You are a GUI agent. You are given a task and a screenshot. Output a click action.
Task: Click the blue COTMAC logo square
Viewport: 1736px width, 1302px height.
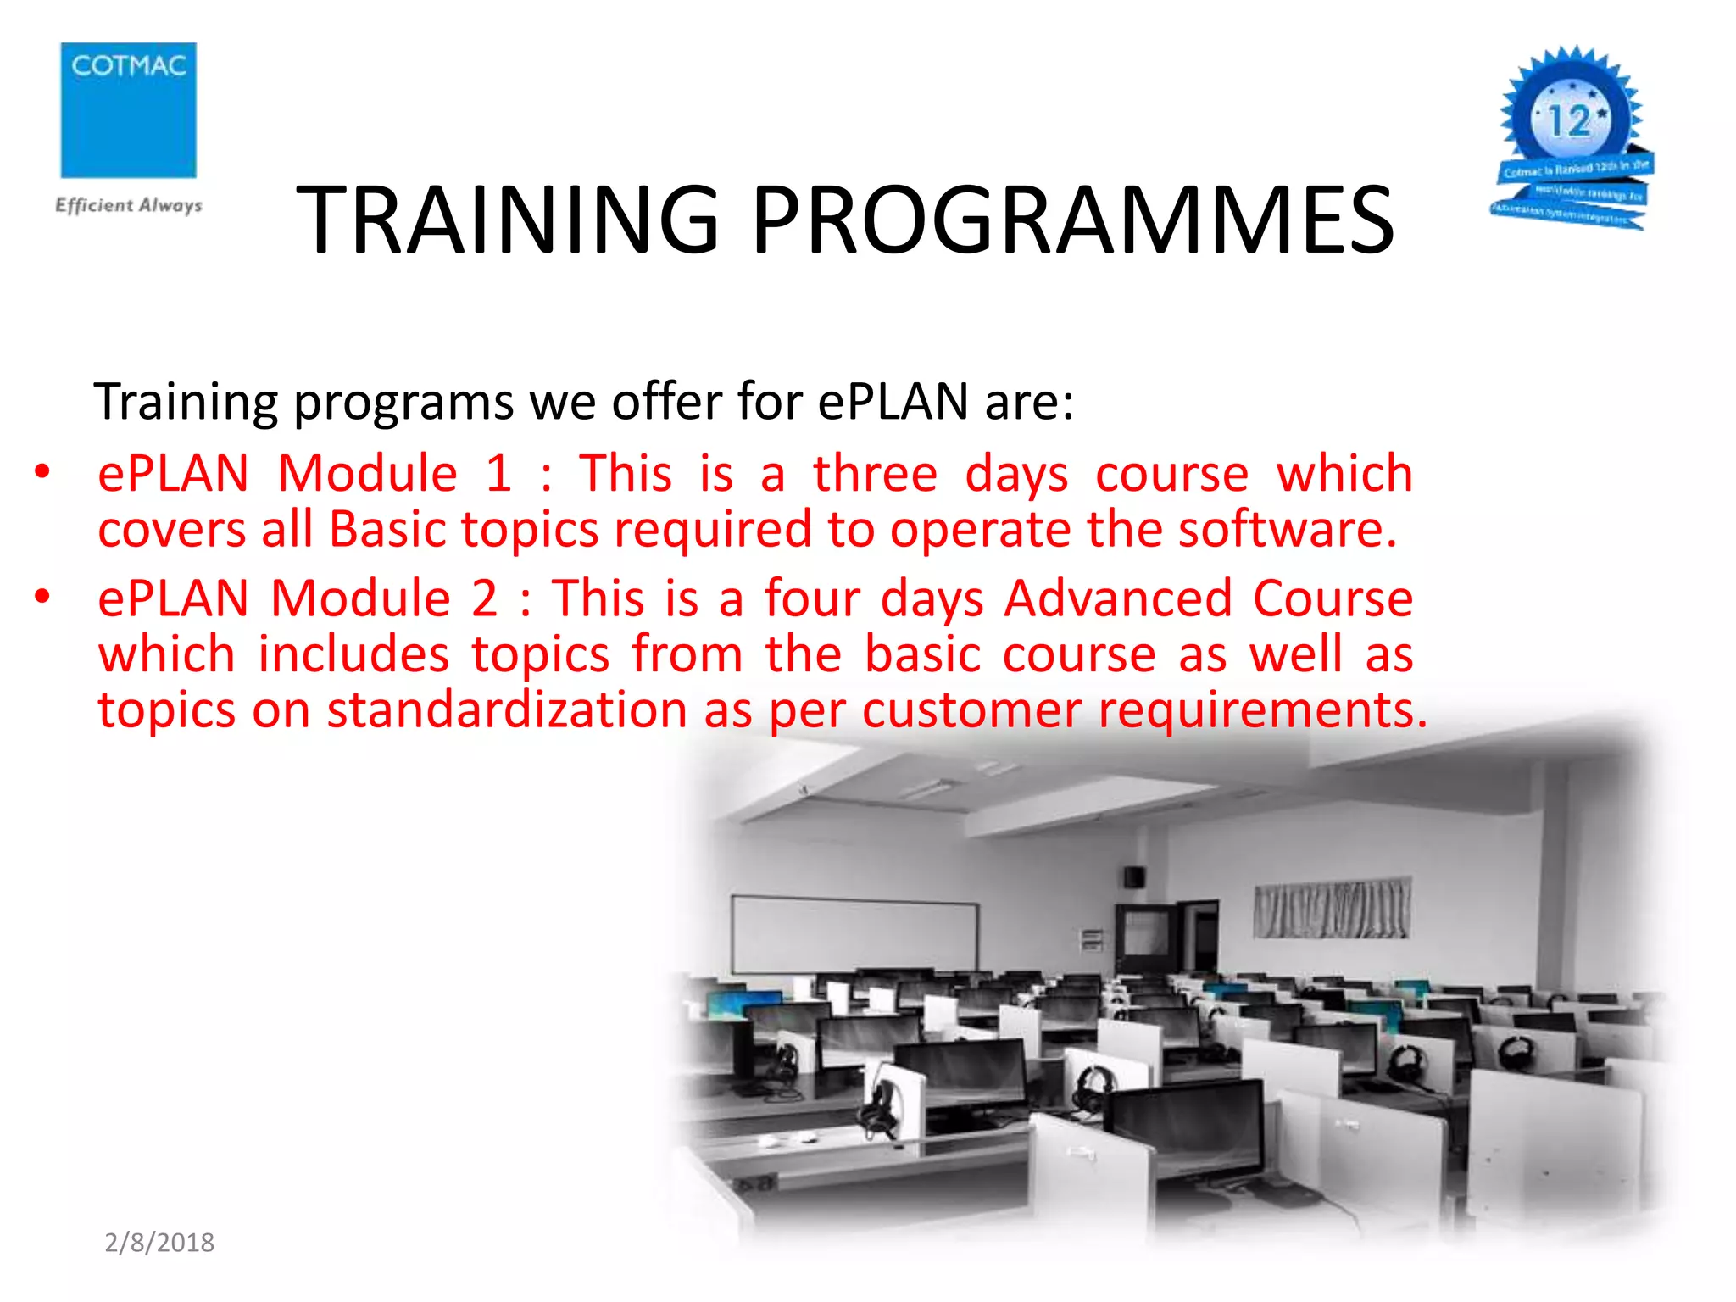pyautogui.click(x=128, y=110)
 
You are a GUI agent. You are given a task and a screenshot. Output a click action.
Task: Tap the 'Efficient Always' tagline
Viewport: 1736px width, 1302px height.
pyautogui.click(x=129, y=205)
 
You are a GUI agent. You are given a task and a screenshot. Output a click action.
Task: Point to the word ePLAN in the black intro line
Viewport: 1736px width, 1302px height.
pyautogui.click(x=893, y=402)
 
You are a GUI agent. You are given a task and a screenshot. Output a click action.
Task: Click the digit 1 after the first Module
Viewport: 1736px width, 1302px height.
pyautogui.click(x=499, y=473)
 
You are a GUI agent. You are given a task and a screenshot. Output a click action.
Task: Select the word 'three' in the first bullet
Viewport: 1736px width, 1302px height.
pyautogui.click(x=875, y=473)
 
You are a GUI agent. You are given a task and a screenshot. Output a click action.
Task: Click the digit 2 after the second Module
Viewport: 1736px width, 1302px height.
pyautogui.click(x=484, y=598)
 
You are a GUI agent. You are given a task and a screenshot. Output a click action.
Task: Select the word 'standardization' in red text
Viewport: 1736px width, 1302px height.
pyautogui.click(x=507, y=709)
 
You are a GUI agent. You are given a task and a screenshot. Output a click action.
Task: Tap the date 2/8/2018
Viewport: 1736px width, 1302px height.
pyautogui.click(x=159, y=1243)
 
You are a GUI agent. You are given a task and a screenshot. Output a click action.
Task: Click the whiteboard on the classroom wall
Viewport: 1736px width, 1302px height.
pyautogui.click(x=854, y=935)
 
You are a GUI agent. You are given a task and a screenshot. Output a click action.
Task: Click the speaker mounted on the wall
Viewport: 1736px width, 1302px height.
pyautogui.click(x=1133, y=876)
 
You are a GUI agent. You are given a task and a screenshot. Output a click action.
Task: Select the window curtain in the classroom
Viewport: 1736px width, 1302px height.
pyautogui.click(x=1332, y=908)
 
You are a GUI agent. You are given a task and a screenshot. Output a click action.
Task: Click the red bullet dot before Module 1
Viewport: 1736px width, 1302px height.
pyautogui.click(x=42, y=471)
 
